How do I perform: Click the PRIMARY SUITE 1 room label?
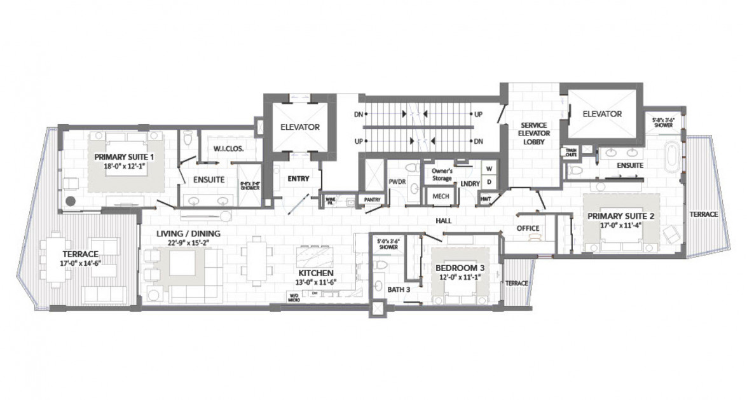point(125,156)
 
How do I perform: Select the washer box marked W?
point(489,169)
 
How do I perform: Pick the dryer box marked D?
point(489,182)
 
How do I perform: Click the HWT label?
point(487,199)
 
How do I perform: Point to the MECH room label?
point(441,197)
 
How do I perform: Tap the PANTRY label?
point(372,200)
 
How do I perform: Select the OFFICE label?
point(527,228)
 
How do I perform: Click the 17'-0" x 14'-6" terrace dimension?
point(79,262)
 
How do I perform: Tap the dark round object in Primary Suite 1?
point(71,200)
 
